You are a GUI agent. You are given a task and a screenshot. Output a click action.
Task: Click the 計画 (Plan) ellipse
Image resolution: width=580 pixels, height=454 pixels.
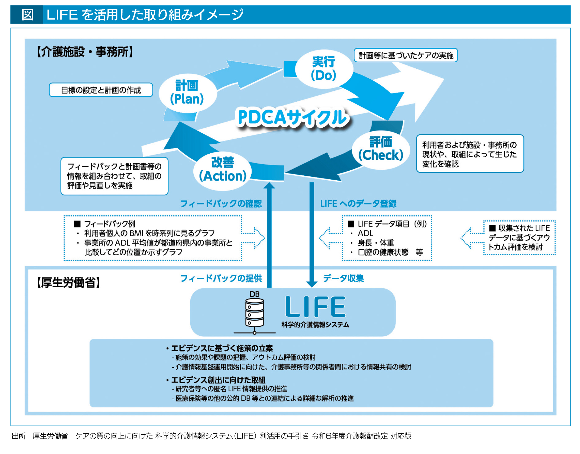point(187,93)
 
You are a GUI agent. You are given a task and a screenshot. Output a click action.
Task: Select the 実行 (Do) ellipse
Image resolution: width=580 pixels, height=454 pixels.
point(324,69)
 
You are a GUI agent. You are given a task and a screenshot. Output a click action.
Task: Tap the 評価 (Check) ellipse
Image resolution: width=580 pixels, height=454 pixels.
point(381,149)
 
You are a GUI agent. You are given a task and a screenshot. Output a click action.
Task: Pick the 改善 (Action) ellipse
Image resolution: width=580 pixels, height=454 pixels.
point(223,170)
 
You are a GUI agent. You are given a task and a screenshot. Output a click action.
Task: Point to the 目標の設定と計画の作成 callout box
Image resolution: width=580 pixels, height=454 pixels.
point(101,90)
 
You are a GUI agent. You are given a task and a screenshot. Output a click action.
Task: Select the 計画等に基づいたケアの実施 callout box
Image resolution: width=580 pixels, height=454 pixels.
point(406,55)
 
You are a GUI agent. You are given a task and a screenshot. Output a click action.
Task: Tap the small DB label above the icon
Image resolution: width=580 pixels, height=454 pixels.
point(254,294)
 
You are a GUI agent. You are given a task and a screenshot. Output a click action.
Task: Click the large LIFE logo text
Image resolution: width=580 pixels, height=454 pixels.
point(315,307)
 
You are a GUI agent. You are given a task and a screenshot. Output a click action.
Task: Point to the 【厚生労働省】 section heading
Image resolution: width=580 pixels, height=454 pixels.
point(68,283)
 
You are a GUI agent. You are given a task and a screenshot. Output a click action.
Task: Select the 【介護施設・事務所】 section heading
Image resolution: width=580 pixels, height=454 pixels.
point(85,52)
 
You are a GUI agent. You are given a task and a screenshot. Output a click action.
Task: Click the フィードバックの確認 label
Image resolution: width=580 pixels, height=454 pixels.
point(221,204)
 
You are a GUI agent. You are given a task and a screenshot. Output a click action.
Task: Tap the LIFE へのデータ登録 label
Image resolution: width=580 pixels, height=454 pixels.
point(358,204)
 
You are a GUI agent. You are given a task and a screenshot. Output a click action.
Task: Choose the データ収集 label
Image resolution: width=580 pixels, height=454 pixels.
point(343,278)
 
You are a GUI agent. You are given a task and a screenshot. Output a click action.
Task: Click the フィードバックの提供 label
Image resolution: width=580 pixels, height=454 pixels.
point(221,278)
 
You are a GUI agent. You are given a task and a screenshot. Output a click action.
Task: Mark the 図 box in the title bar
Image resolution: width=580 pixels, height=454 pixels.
point(27,15)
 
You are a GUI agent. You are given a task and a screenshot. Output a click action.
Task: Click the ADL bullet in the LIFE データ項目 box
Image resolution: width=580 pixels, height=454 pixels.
point(365,233)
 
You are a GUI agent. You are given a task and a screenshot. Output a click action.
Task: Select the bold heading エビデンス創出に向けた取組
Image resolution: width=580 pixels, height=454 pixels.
point(218,380)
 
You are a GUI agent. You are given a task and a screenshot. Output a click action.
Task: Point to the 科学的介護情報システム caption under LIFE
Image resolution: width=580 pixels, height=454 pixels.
point(315,325)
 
